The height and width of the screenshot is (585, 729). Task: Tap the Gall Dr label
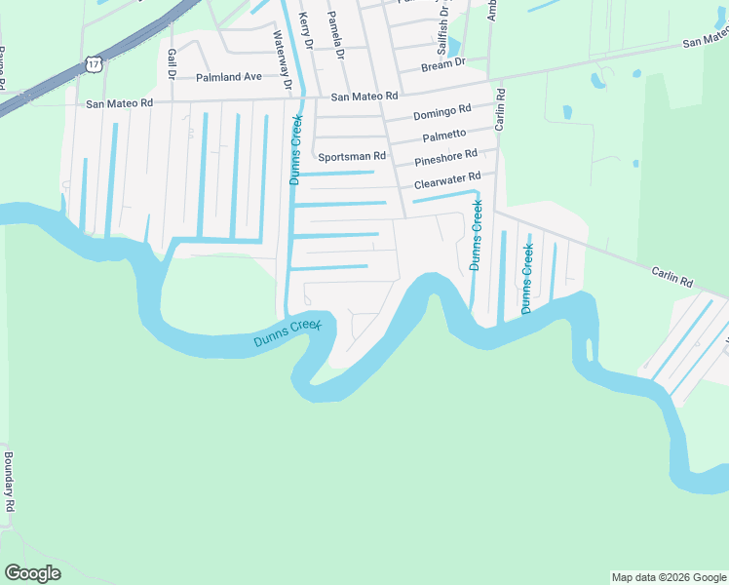171,62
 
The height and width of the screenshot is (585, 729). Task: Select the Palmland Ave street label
229,76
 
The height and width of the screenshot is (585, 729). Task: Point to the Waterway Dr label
283,59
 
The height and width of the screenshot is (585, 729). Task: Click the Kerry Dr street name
306,31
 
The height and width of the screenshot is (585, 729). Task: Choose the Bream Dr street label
443,66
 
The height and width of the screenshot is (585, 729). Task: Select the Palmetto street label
443,135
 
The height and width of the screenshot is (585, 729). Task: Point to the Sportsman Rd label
352,156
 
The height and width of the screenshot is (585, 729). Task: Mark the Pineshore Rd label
445,157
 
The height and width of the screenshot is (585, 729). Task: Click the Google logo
32,573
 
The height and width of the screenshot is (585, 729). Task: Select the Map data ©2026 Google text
669,577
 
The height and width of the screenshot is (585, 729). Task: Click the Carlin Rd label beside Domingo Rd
500,110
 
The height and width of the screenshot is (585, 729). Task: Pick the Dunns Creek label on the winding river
287,334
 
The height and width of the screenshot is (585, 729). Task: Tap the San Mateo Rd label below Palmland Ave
120,102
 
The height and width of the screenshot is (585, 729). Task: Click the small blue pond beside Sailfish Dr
452,46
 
